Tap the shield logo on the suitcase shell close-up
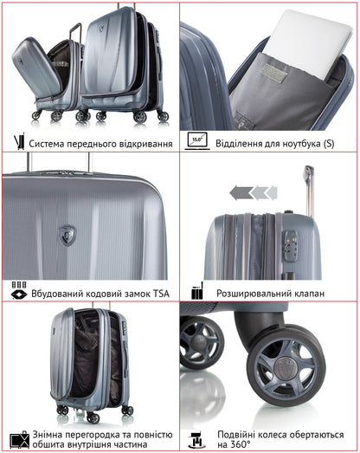[68, 233]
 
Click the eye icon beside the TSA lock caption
[17, 294]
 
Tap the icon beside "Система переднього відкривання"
[18, 142]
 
